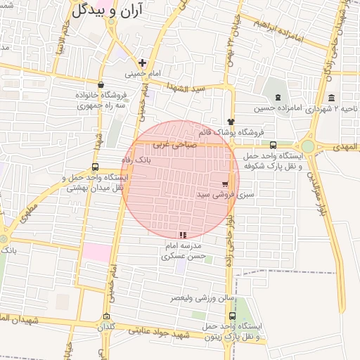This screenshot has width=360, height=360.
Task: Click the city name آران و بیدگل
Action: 106,9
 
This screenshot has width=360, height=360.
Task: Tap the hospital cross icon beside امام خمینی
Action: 142,63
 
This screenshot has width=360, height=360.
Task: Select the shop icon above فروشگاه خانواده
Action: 101,84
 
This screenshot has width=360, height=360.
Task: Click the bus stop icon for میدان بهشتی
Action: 95,167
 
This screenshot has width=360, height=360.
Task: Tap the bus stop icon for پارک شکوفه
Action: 273,145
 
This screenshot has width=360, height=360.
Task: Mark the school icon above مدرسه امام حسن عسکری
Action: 183,236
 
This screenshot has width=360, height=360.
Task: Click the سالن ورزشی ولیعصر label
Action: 202,298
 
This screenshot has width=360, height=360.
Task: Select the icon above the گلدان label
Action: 106,316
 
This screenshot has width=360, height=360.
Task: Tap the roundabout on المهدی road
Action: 310,147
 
